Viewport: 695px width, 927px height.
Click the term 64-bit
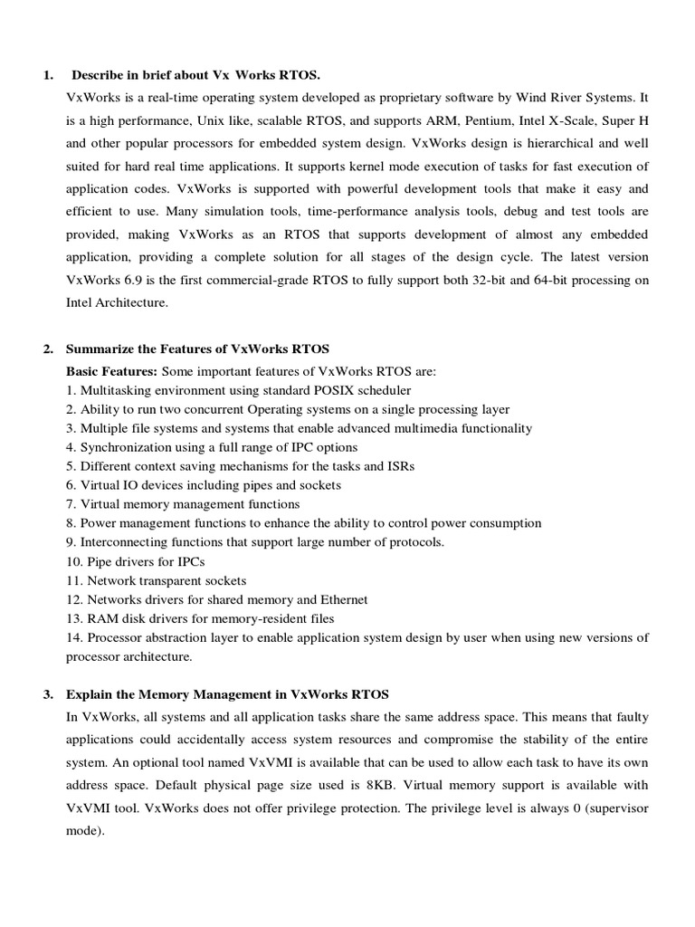point(548,281)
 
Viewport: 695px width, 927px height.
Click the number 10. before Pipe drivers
point(74,561)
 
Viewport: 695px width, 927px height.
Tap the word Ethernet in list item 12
point(344,599)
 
